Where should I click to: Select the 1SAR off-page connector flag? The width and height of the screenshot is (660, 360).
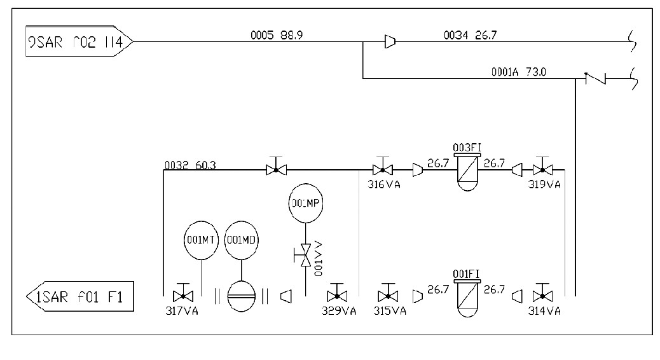pos(80,297)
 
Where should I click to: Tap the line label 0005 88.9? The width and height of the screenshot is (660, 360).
pos(277,36)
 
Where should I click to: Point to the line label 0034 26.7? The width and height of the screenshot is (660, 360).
pos(470,36)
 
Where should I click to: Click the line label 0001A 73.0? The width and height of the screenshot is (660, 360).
pos(518,72)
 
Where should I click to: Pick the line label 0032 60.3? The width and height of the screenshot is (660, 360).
pos(190,165)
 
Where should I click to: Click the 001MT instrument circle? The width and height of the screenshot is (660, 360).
pos(201,240)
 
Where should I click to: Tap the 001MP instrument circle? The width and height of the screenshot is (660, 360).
pos(306,204)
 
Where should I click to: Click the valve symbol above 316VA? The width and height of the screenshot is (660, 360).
pos(382,169)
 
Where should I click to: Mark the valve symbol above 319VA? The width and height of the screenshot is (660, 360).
pos(542,169)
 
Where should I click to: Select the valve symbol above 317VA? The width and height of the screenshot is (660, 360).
pos(183,295)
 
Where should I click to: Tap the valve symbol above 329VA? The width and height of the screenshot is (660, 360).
pos(336,295)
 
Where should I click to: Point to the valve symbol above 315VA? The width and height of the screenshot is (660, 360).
pos(385,295)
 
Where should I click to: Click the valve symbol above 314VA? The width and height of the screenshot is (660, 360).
pos(542,295)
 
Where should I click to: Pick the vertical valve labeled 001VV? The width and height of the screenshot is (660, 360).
pos(306,256)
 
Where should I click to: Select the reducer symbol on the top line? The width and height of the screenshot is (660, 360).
pos(390,42)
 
